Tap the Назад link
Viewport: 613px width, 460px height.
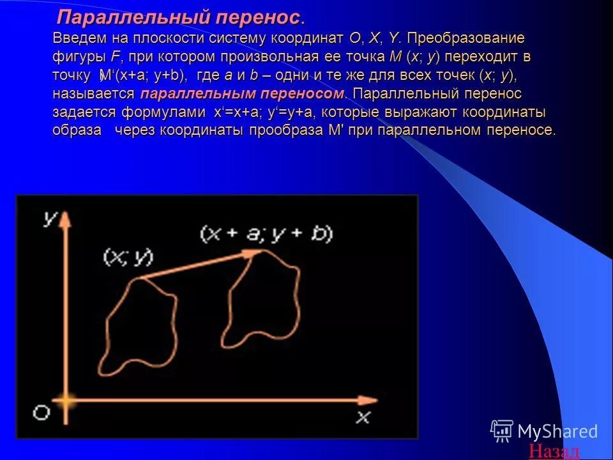point(554,451)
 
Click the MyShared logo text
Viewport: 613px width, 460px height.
point(557,431)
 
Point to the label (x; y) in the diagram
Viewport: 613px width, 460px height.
point(128,257)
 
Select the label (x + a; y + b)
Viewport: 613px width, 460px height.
point(266,234)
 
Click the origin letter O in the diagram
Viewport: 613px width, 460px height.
point(41,413)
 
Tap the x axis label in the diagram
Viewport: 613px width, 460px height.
point(362,417)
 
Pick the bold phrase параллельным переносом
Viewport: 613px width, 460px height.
point(241,94)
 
